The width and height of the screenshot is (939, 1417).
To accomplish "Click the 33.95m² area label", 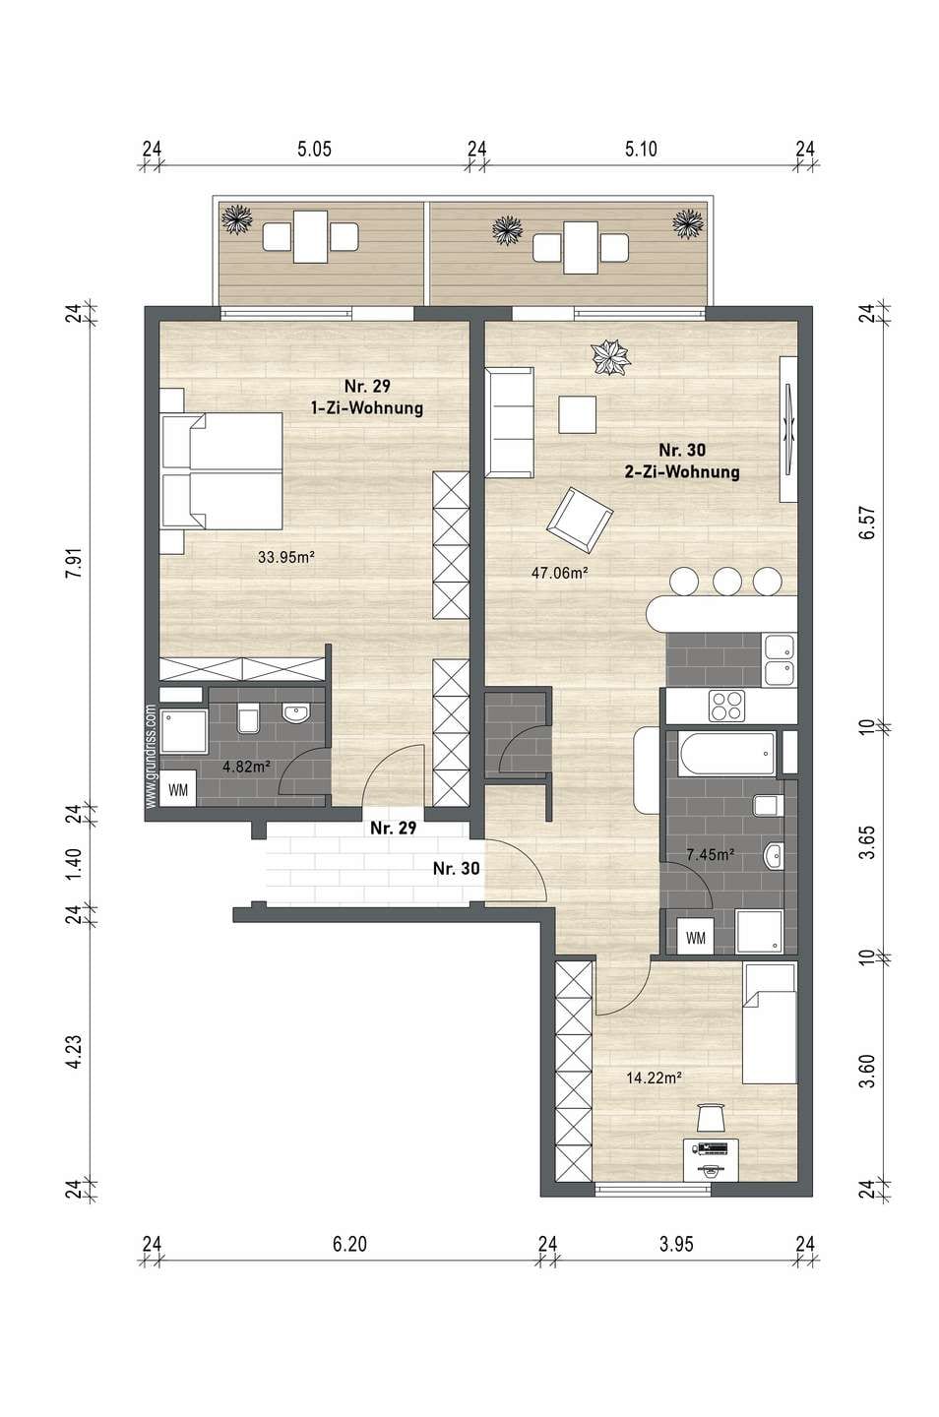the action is coord(286,557).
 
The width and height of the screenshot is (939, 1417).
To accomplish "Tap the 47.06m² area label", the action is coord(560,573).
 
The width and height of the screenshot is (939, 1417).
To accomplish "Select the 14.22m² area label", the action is coord(654,1078).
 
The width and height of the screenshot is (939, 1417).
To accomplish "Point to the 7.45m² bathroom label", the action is coord(710,854).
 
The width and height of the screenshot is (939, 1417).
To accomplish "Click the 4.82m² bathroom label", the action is coord(247,767).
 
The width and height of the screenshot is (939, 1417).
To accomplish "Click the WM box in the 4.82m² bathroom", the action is coord(178,791).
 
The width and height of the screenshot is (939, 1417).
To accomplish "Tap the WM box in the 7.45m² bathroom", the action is coord(695,938).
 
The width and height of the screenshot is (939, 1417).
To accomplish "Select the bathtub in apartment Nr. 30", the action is coord(726,754).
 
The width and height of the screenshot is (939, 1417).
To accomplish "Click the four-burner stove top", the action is coord(726,706).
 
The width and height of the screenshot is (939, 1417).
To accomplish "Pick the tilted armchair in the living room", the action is coord(580,520).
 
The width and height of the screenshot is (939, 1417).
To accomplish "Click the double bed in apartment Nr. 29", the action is coord(221,470).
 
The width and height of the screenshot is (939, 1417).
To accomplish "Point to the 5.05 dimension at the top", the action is coord(315,150).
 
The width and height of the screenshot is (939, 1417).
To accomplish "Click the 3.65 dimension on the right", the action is coord(870,841).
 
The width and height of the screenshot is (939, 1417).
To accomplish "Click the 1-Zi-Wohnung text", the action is coord(367,408).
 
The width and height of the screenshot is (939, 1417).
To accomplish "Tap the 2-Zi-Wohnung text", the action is coord(682,472).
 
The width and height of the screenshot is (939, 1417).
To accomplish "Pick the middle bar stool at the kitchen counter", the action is coord(727,581).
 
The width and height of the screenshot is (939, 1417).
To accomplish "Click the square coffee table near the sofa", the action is coord(577,414).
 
